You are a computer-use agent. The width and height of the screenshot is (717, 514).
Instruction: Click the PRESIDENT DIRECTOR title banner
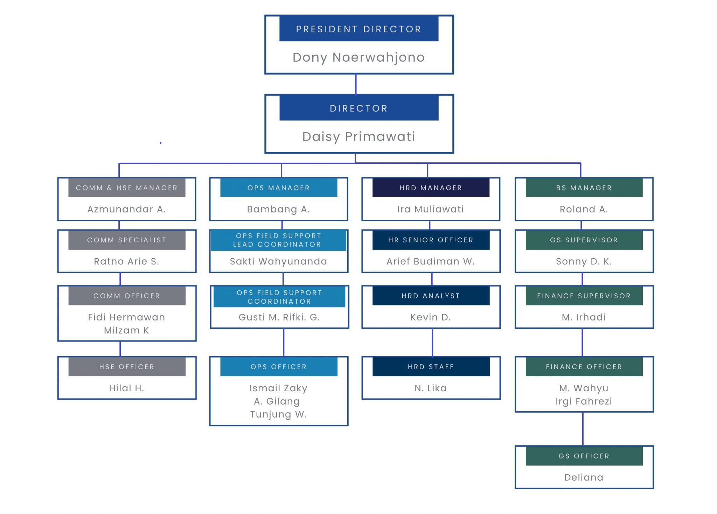click(x=358, y=29)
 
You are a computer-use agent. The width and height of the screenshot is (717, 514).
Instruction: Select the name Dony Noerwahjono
click(x=358, y=58)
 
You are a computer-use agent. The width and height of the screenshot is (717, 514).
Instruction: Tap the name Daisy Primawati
click(x=358, y=137)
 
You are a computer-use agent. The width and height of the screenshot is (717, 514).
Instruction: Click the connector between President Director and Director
click(x=356, y=84)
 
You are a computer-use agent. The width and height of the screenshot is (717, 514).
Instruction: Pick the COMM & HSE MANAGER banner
click(x=127, y=188)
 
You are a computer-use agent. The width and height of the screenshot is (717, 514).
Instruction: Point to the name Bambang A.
click(x=279, y=209)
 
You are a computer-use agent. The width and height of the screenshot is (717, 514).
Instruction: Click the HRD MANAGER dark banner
click(x=431, y=188)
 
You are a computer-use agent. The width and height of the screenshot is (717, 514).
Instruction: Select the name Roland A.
click(x=584, y=209)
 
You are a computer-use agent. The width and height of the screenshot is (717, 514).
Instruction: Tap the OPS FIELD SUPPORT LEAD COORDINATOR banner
click(x=278, y=240)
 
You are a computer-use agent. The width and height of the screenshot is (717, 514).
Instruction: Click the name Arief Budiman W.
click(x=431, y=262)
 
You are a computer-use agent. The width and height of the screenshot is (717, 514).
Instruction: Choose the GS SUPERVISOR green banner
click(x=584, y=240)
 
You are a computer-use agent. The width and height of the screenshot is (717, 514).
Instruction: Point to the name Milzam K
click(x=127, y=331)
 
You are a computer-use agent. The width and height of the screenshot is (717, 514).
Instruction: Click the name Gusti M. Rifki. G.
click(x=279, y=317)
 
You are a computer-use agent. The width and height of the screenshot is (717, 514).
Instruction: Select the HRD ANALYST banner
click(x=431, y=296)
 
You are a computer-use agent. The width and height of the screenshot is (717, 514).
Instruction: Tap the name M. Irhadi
click(x=584, y=317)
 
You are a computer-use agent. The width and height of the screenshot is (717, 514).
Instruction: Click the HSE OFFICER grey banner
click(x=127, y=367)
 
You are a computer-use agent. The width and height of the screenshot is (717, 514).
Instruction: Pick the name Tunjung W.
click(x=278, y=414)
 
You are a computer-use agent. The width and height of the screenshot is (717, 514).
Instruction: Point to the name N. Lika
click(x=431, y=388)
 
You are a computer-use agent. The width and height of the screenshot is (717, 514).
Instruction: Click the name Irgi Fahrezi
click(x=584, y=401)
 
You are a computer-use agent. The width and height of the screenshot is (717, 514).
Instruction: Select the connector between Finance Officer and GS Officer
click(x=583, y=429)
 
